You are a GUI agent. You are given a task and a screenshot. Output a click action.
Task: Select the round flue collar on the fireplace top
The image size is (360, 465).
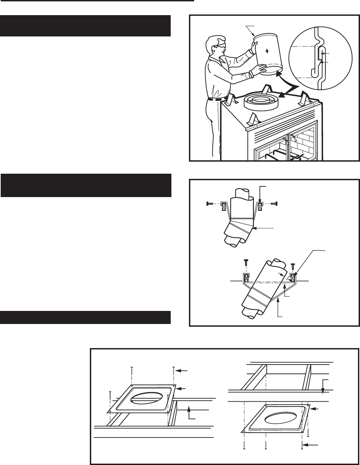(x=261, y=100)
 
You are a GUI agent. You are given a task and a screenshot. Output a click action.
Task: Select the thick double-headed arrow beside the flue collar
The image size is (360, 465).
(x=286, y=86)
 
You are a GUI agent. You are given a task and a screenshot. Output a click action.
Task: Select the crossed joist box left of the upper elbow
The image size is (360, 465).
(x=224, y=207)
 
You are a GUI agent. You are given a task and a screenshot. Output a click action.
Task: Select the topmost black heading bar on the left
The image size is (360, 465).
(x=86, y=25)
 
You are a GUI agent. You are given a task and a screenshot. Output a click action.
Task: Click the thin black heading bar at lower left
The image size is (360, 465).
(x=86, y=317)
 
